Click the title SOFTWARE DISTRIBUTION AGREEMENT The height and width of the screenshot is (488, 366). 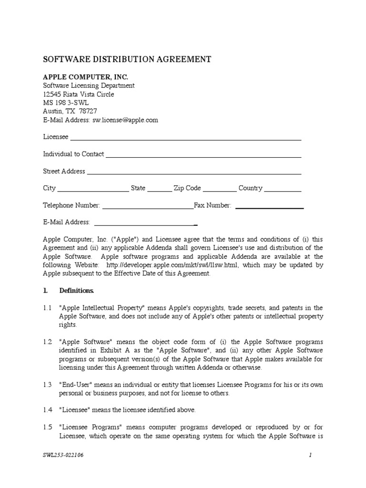127,60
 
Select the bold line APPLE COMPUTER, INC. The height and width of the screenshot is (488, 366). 85,77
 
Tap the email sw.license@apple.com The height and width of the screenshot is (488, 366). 125,120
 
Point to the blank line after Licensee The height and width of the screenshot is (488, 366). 185,139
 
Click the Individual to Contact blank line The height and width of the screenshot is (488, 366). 203,156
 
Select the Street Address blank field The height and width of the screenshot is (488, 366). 194,173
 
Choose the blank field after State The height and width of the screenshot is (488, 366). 159,190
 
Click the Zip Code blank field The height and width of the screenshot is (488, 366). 219,190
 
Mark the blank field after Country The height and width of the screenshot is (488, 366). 283,190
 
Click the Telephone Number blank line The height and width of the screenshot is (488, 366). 148,207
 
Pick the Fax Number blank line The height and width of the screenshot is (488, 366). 269,207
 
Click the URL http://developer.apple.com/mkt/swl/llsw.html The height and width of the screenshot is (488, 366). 173,265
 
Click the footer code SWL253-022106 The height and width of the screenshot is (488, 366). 63,455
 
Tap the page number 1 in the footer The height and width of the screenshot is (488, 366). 310,455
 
